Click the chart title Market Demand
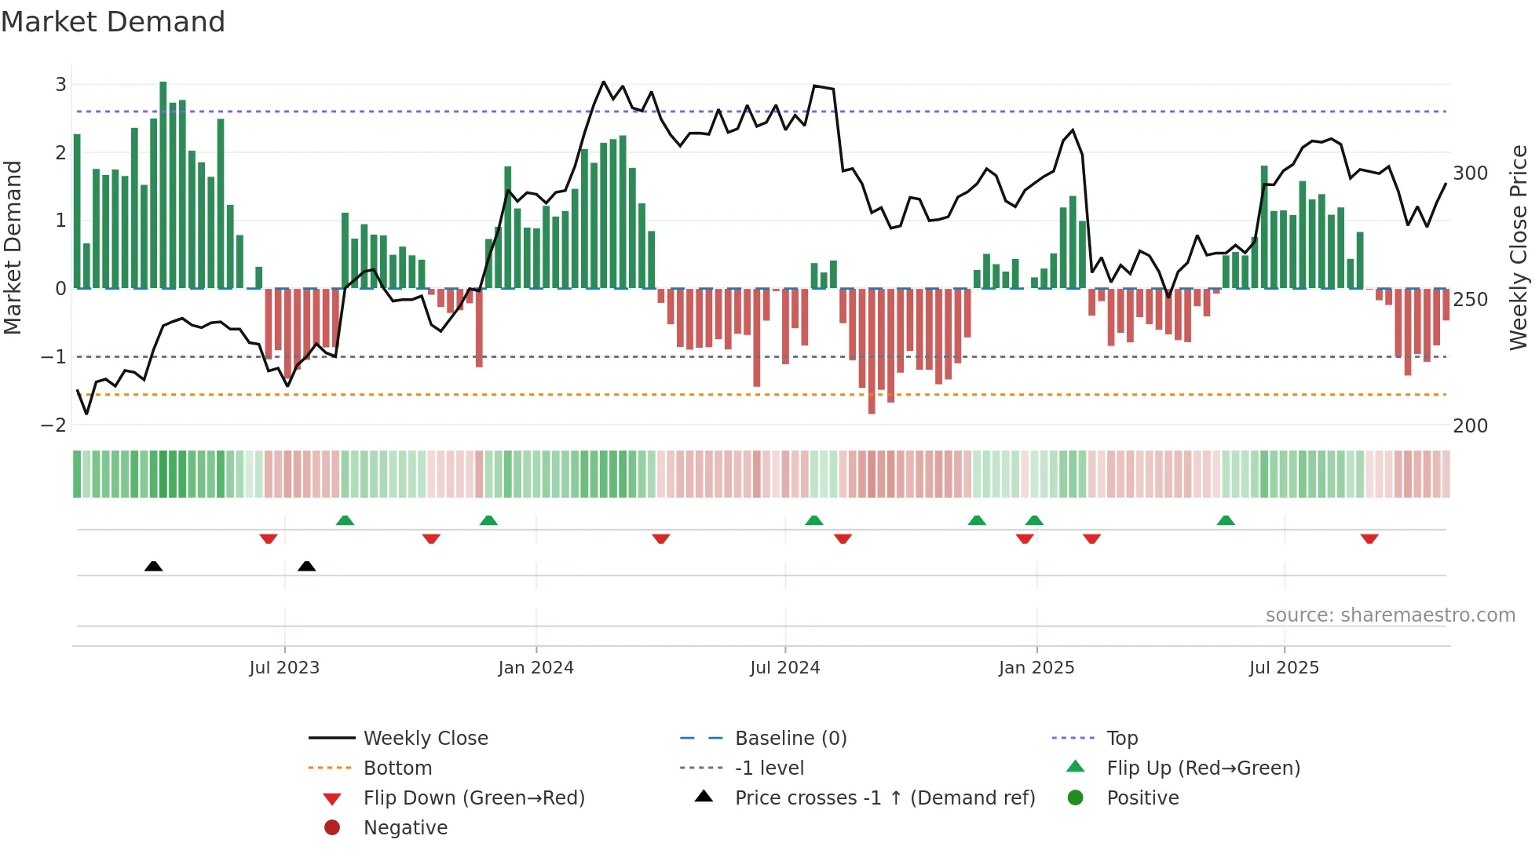point(113,22)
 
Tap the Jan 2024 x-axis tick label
point(536,668)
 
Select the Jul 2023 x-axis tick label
point(284,668)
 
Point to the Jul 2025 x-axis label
point(1284,668)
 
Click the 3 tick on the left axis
point(60,85)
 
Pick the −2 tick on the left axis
point(54,425)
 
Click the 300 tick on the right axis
point(1470,173)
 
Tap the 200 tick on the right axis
point(1470,426)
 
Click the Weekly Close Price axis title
point(1519,247)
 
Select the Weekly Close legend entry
point(425,739)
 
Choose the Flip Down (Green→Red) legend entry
point(473,798)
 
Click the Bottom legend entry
point(397,768)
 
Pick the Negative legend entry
point(405,828)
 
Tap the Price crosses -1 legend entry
point(884,798)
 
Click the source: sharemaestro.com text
point(1390,615)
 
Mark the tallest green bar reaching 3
point(163,184)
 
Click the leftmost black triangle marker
point(154,566)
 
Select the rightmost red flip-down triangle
point(1369,538)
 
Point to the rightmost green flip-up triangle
point(1226,520)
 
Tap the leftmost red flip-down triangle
point(269,538)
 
